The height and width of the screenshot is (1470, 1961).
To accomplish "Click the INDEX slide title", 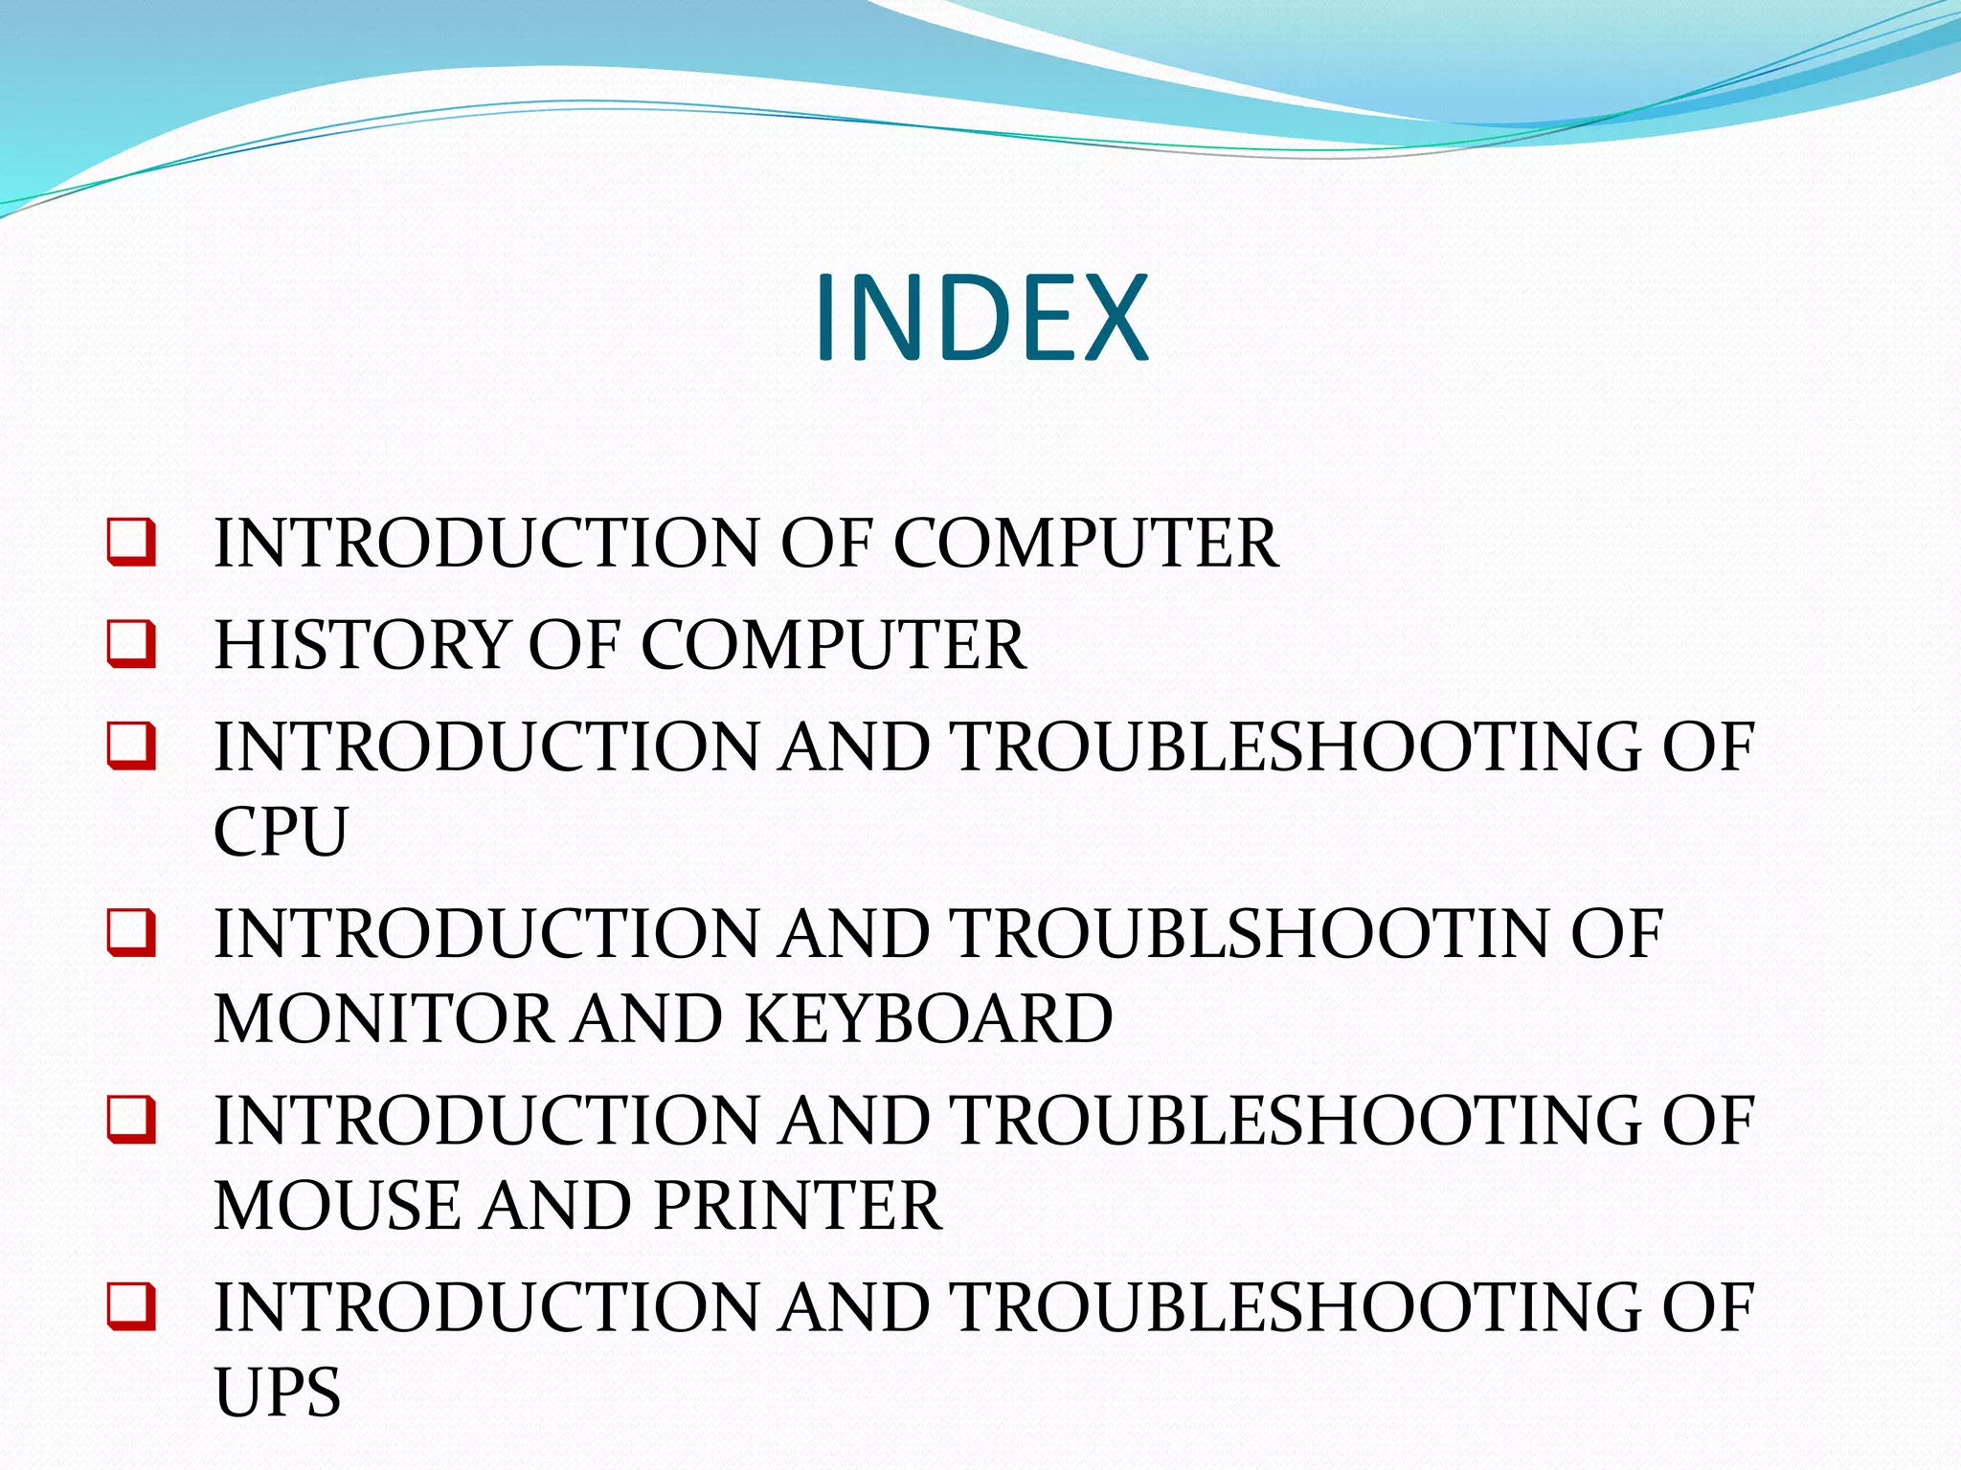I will click(980, 318).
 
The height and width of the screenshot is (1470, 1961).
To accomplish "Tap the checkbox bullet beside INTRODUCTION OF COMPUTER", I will click(131, 542).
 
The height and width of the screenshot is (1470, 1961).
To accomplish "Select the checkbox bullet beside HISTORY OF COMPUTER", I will click(131, 643).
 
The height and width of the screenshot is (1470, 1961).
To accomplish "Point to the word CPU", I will click(280, 831).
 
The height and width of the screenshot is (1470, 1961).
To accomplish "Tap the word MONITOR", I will click(384, 1017).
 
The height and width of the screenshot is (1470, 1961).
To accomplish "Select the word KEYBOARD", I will click(928, 1017).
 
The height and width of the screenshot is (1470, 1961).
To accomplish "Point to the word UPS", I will click(278, 1392).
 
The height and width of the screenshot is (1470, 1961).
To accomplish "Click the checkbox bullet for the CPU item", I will click(131, 746).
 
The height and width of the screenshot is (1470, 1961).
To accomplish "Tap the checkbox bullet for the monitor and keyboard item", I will click(131, 932).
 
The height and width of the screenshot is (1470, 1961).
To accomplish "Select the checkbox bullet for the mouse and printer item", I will click(131, 1119).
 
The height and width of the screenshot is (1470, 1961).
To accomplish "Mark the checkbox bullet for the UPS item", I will click(131, 1305).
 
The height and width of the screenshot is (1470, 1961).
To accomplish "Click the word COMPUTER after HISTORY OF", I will click(833, 644).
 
